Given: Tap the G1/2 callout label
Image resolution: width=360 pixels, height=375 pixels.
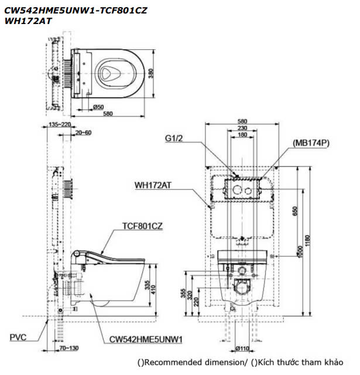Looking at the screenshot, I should [x=174, y=139].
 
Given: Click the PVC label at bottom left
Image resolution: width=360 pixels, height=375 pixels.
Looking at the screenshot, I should [x=19, y=337].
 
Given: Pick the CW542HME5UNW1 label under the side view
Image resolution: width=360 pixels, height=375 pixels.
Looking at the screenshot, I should [x=146, y=339].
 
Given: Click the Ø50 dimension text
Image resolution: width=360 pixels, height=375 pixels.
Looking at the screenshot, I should [x=98, y=107].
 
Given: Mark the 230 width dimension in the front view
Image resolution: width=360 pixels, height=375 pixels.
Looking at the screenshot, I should [x=242, y=128].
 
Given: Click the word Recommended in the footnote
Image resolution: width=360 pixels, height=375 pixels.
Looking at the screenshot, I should [x=168, y=364].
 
